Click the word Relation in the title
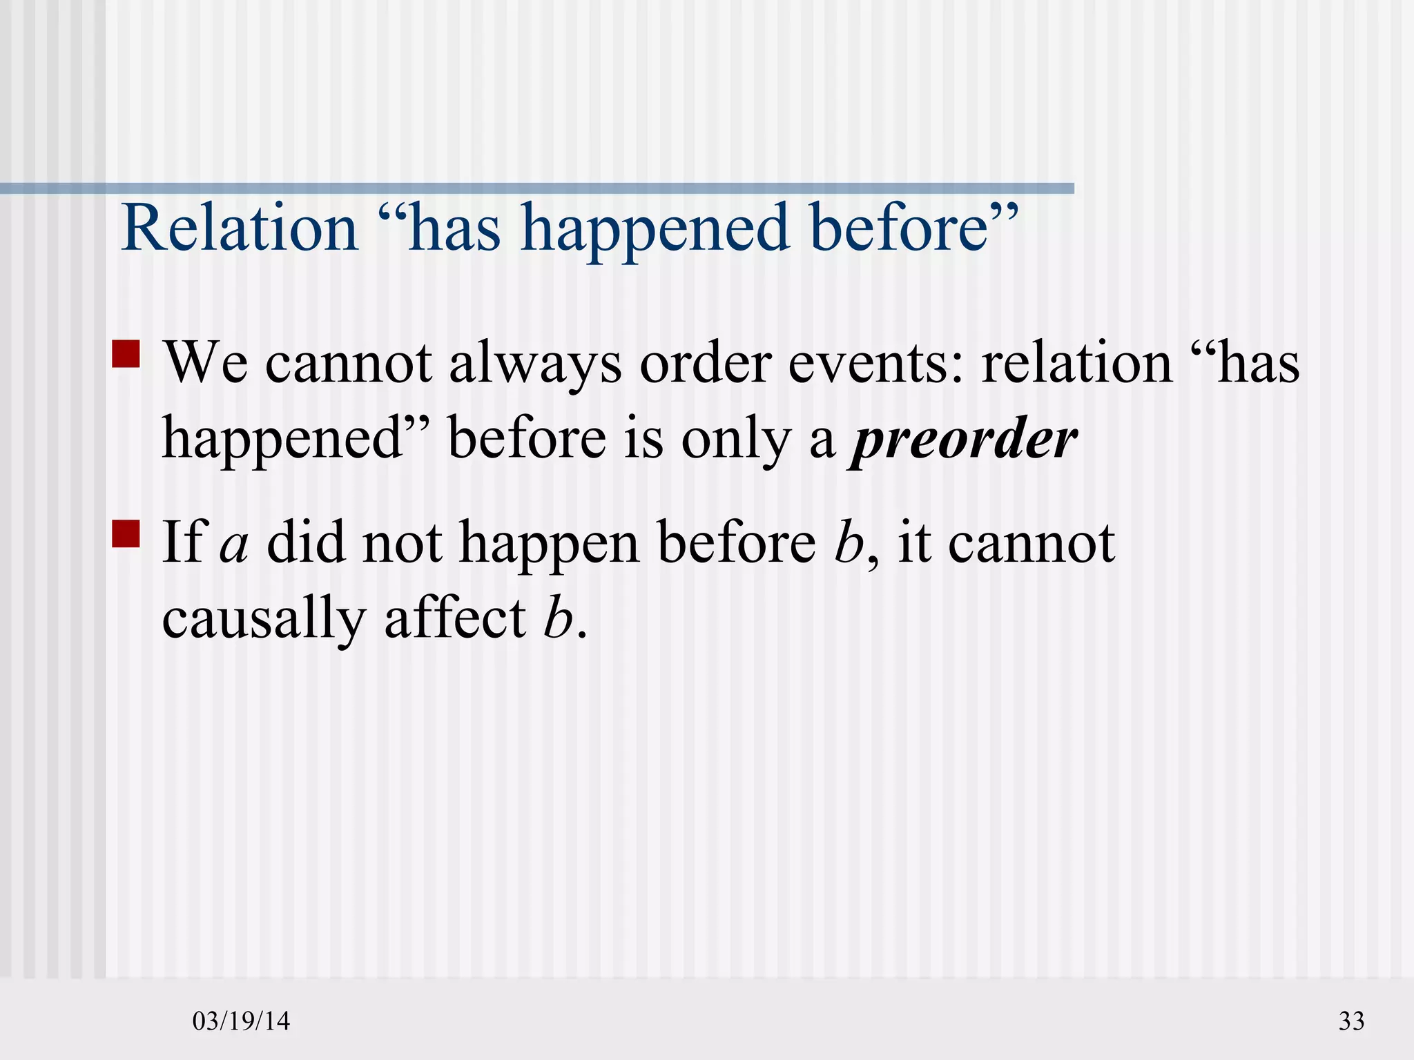tap(240, 228)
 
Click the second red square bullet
tap(126, 533)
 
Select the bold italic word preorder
tap(963, 440)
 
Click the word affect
tap(456, 617)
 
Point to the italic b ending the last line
tap(558, 618)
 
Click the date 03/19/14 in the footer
tap(241, 1021)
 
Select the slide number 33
tap(1351, 1021)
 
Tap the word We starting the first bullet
tap(205, 364)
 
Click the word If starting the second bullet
tap(184, 543)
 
